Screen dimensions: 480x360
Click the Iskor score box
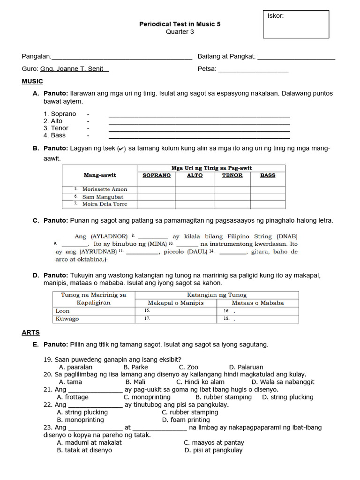click(x=296, y=25)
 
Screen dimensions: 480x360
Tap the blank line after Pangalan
click(x=121, y=57)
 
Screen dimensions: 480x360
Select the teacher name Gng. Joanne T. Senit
click(x=75, y=69)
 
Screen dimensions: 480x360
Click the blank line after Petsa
click(x=253, y=69)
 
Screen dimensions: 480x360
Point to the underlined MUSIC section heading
click(x=32, y=82)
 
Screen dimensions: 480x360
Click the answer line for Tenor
click(x=199, y=128)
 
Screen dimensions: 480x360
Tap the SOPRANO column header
click(x=157, y=175)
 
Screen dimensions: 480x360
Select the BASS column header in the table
click(x=268, y=175)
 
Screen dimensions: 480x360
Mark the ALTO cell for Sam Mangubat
click(x=195, y=197)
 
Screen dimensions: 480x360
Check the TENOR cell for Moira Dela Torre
click(x=232, y=204)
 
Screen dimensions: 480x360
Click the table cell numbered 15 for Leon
click(x=176, y=311)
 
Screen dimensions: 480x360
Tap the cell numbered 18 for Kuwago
click(x=257, y=319)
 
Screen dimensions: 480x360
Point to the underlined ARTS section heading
click(x=30, y=332)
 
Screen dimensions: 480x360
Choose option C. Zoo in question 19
click(x=188, y=367)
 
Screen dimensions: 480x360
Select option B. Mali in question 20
click(x=135, y=382)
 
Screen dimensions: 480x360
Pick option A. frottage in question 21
click(x=73, y=397)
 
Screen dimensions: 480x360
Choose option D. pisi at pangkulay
click(x=214, y=450)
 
